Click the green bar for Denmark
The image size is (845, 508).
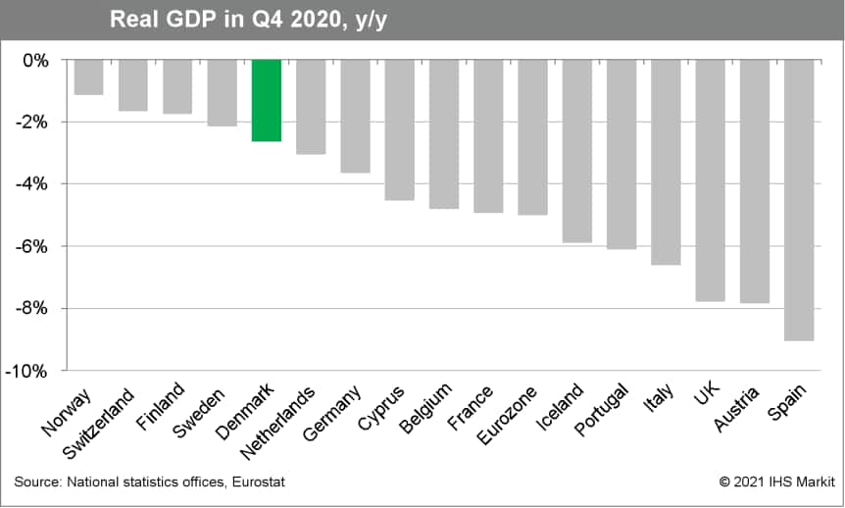click(267, 101)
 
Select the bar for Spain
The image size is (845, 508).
click(800, 200)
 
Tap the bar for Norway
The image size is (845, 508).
click(89, 77)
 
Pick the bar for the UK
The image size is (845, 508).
click(711, 180)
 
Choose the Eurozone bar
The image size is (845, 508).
click(533, 137)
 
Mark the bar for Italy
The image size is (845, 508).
click(666, 162)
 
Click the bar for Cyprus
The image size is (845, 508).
click(400, 129)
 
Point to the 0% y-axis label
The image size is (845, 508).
click(40, 60)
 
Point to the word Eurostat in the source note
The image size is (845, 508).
click(259, 483)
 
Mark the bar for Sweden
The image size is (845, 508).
click(223, 93)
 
